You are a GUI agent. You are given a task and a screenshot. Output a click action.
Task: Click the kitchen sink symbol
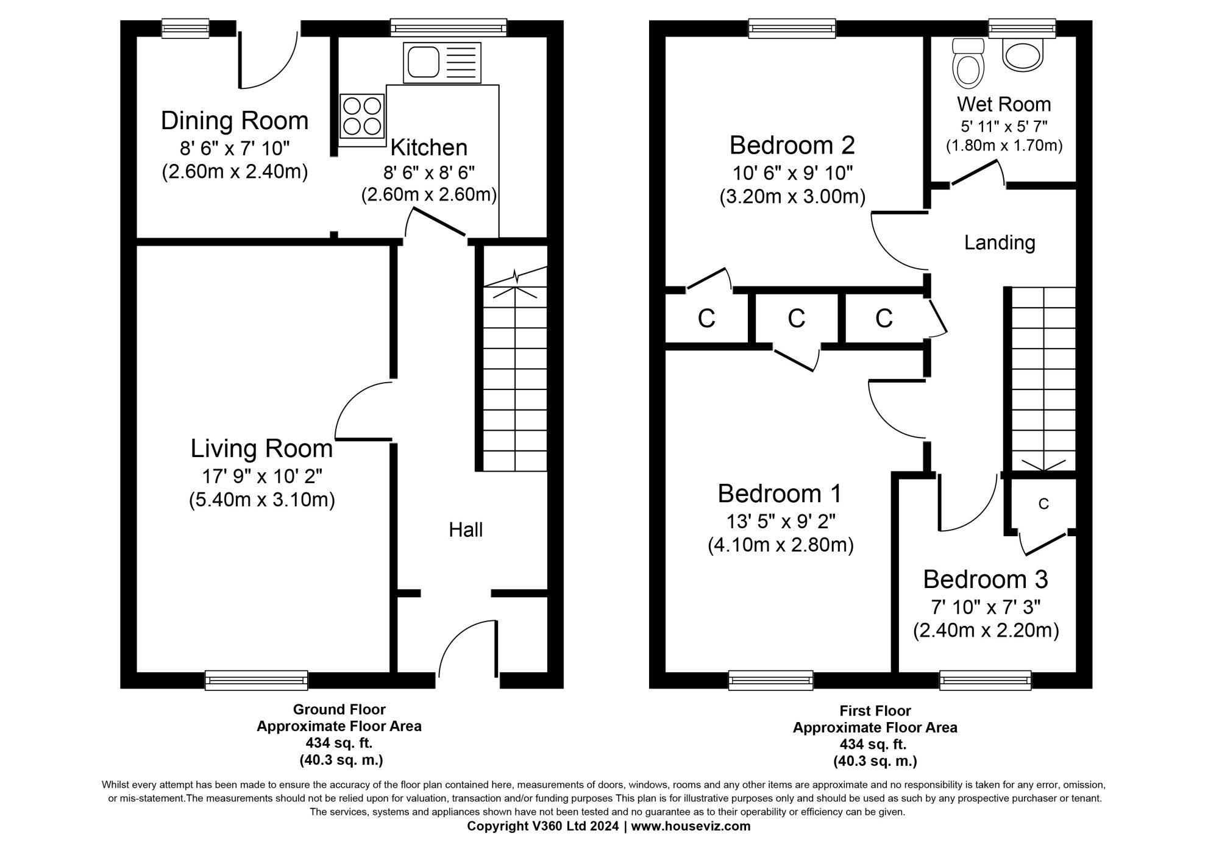pyautogui.click(x=442, y=63)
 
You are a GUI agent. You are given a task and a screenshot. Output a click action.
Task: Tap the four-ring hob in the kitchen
pyautogui.click(x=362, y=116)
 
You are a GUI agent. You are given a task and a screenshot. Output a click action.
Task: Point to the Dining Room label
pyautogui.click(x=235, y=121)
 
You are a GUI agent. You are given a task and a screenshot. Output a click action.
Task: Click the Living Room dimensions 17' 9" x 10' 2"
pyautogui.click(x=261, y=475)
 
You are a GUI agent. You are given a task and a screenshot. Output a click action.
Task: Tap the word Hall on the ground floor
pyautogui.click(x=466, y=530)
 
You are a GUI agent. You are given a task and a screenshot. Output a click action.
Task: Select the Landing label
pyautogui.click(x=1000, y=243)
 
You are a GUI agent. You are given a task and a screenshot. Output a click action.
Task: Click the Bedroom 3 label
pyautogui.click(x=985, y=579)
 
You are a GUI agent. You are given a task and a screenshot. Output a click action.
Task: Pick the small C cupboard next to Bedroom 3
pyautogui.click(x=1043, y=504)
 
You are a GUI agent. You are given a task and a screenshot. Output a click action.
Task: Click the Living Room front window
pyautogui.click(x=256, y=680)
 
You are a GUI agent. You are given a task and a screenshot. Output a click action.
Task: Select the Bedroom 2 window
pyautogui.click(x=792, y=28)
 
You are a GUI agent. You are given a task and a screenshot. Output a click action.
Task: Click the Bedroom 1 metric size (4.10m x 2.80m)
pyautogui.click(x=780, y=545)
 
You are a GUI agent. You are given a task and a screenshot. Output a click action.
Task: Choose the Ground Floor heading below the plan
pyautogui.click(x=339, y=709)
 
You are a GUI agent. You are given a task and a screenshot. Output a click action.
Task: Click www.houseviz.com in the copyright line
pyautogui.click(x=691, y=826)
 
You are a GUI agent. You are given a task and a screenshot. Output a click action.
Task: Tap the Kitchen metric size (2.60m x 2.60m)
pyautogui.click(x=428, y=195)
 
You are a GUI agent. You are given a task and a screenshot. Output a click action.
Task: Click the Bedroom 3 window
pyautogui.click(x=985, y=680)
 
